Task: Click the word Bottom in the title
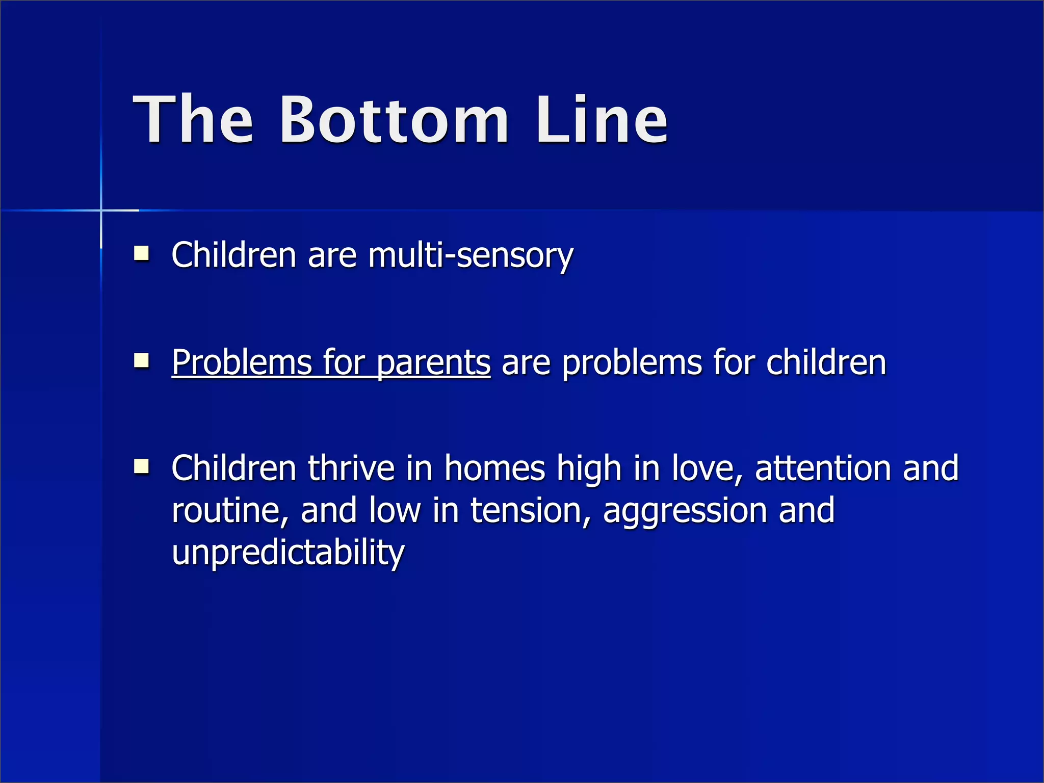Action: (x=394, y=120)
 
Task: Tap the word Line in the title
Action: (x=602, y=120)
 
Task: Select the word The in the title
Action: (x=193, y=120)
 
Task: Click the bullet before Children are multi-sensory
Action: (x=141, y=253)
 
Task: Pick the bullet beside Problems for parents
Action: (x=141, y=361)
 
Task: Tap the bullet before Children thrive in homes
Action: (x=141, y=466)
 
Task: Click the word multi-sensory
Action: (x=471, y=255)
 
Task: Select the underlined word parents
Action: (x=433, y=363)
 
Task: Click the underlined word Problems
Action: (x=241, y=362)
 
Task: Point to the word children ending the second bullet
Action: (x=826, y=362)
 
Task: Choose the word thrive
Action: (x=351, y=468)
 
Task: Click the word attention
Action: (x=822, y=468)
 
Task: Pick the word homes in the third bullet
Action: (x=494, y=468)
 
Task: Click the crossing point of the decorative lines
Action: (x=101, y=210)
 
